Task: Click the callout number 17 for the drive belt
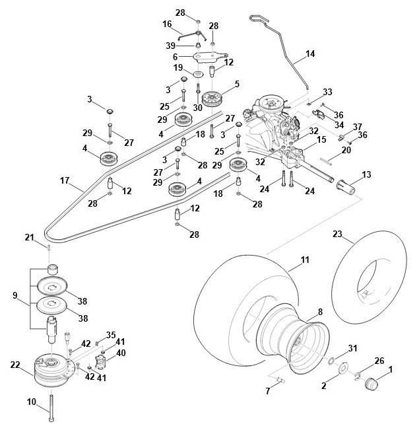click(65, 181)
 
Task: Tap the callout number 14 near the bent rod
click(310, 54)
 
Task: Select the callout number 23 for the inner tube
click(337, 234)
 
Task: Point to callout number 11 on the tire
click(305, 260)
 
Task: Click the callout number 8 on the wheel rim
click(320, 312)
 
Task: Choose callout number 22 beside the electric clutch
click(15, 365)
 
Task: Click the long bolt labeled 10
click(51, 408)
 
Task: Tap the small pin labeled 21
click(49, 247)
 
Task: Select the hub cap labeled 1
click(371, 384)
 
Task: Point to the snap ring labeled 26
click(358, 376)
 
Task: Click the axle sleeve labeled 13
click(346, 188)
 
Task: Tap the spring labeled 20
click(327, 161)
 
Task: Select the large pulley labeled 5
click(212, 99)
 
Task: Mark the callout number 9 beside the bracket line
click(15, 296)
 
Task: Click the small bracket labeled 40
click(100, 362)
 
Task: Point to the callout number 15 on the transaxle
click(321, 139)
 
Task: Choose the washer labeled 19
click(198, 74)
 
